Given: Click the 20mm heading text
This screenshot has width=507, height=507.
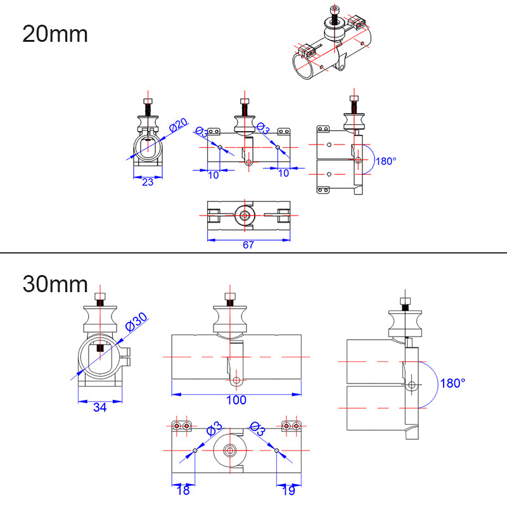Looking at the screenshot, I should (55, 34).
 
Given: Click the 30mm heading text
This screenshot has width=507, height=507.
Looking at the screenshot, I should (55, 283).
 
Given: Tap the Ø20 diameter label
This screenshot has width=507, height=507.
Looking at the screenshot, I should (179, 125).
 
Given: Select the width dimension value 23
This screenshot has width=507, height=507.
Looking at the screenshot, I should (148, 182).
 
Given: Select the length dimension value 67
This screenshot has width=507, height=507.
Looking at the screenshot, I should (248, 245).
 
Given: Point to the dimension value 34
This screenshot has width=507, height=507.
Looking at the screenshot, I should (99, 407).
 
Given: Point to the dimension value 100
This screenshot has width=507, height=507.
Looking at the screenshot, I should (236, 400).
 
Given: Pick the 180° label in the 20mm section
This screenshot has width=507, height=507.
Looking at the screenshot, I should (385, 161).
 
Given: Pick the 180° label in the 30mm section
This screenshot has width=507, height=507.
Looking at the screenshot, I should (453, 383).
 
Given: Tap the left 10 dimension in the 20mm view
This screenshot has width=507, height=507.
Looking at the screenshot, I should (214, 174).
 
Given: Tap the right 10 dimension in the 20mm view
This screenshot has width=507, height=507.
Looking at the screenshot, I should (283, 173).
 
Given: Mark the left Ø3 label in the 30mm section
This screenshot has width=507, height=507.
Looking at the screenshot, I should (214, 429).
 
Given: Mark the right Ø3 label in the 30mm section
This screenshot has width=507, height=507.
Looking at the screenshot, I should (257, 429).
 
